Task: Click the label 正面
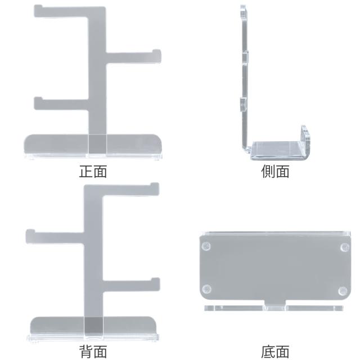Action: point(93,172)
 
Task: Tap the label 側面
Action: point(275,172)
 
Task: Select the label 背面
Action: point(93,351)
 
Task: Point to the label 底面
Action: point(275,351)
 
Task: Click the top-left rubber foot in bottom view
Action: point(206,246)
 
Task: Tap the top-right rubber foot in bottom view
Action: point(344,247)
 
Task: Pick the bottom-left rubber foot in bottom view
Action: point(206,289)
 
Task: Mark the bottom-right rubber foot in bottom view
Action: point(343,291)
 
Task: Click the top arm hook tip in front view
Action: point(38,7)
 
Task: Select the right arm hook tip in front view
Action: point(156,51)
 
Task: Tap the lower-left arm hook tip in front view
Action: point(38,99)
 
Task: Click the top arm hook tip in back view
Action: point(155,185)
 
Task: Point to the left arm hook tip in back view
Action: point(30,231)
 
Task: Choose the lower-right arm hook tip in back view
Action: point(156,280)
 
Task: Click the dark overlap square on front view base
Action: point(97,144)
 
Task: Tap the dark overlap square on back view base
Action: point(94,326)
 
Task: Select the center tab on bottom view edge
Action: point(275,305)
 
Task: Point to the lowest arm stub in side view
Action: point(244,105)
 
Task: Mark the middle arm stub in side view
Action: point(245,58)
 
